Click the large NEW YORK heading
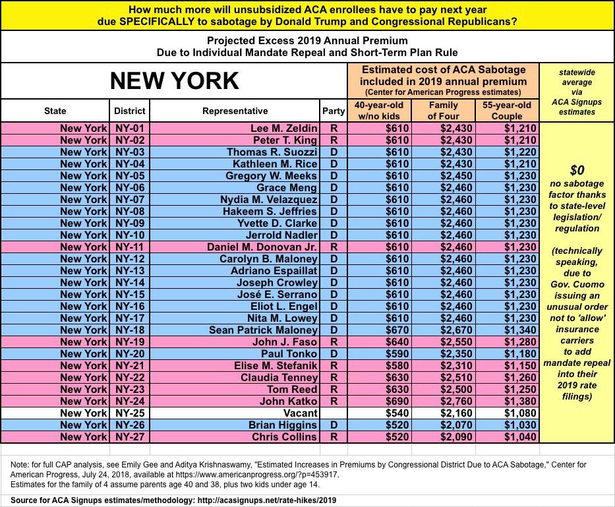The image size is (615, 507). coord(174,80)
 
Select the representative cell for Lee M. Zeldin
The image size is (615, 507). coord(284,128)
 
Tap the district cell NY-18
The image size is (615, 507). coord(130,330)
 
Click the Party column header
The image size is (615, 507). coord(333,111)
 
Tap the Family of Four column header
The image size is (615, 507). coord(444,110)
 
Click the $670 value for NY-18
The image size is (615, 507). coord(395,330)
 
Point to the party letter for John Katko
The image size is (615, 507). coord(333,401)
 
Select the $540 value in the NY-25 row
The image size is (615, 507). coord(395,413)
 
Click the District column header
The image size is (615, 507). coord(130,111)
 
